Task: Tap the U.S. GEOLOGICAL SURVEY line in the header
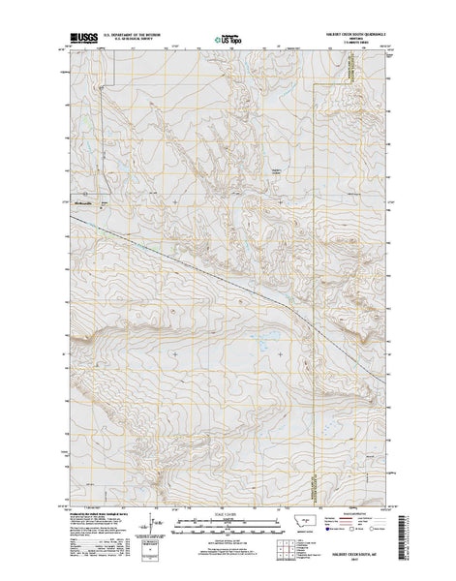[124, 45]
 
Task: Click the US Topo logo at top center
[228, 42]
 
